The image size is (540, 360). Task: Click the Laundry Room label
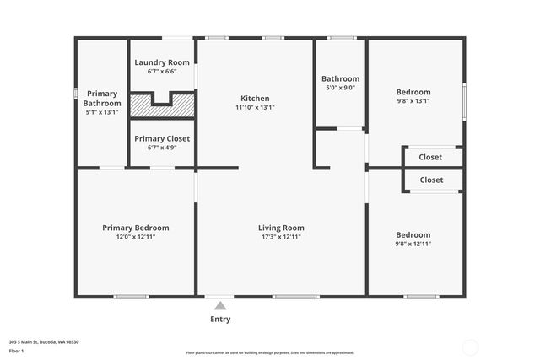[162, 62]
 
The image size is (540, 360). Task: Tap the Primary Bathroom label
[102, 98]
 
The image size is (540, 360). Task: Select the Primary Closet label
[162, 138]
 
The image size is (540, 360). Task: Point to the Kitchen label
[255, 98]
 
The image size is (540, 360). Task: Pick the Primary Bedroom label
[135, 228]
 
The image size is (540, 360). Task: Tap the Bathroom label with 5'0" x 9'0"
[340, 79]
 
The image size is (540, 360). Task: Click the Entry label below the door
[220, 320]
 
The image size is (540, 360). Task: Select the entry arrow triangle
[220, 306]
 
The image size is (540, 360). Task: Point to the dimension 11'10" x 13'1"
[255, 107]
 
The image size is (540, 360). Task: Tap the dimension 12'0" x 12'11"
[135, 237]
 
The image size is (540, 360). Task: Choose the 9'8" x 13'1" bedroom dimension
[413, 101]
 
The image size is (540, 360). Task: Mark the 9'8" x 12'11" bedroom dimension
[413, 244]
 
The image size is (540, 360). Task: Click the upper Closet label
[430, 157]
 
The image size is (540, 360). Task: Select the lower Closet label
[431, 180]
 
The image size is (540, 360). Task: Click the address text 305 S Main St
[44, 341]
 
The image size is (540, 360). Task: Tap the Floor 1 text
[15, 350]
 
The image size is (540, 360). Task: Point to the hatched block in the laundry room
[162, 105]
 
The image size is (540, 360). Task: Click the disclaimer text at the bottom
[270, 352]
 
